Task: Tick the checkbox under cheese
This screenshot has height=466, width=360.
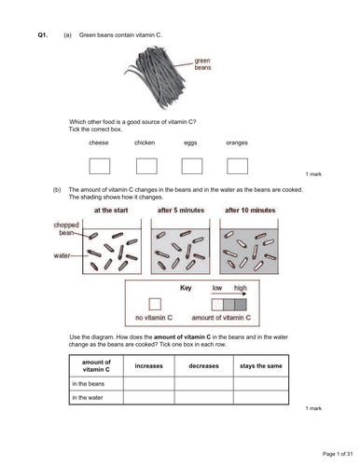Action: pos(99,165)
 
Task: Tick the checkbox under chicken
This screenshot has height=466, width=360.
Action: pos(145,165)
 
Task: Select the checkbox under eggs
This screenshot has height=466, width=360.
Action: pos(192,165)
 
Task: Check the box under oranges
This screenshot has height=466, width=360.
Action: pos(237,165)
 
